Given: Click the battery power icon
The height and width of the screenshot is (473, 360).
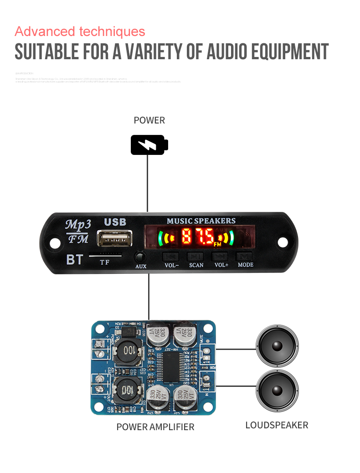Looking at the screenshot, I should coord(149,145).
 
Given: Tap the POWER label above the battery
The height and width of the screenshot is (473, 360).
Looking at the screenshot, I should coord(149,121).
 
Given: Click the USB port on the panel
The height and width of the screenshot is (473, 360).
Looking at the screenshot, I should coord(114,239).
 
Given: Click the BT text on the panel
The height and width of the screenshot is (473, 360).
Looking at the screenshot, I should coord(75,260).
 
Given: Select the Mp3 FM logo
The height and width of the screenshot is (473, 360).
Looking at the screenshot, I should coord(78,231).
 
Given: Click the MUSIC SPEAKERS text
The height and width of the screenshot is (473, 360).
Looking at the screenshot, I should coord(201,221).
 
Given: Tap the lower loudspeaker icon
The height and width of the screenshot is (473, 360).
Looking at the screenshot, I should coord(277,390).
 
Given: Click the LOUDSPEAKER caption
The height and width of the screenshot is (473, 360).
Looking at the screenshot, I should coord(277,425).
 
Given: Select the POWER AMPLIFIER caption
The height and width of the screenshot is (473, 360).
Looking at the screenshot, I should coord(155,427).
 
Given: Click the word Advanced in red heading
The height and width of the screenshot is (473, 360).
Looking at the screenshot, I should coord(45,32).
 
